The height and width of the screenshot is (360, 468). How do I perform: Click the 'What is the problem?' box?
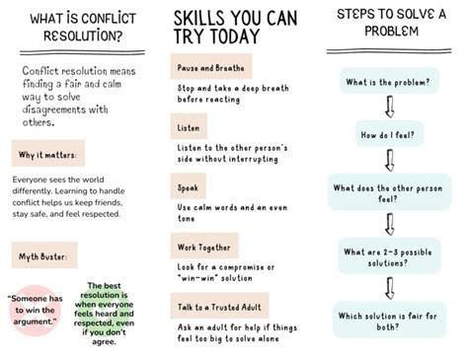tap(389, 81)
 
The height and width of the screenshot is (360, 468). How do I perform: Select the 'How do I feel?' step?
tap(389, 134)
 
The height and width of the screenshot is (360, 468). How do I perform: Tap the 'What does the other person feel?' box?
tap(389, 192)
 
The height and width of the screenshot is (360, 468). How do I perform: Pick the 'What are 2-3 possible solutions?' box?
tap(389, 256)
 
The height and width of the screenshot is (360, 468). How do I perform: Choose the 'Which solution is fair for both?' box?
tap(389, 321)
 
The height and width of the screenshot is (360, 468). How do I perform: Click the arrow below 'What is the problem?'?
tap(390, 107)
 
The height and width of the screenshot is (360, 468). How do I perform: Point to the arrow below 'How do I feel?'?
tap(390, 160)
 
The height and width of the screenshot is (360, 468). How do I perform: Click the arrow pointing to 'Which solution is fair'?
tap(390, 288)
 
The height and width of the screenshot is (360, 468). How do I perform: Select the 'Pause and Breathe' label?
tap(211, 67)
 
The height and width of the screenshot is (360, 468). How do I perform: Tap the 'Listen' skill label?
tap(189, 126)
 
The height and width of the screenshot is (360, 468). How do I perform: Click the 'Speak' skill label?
tap(188, 186)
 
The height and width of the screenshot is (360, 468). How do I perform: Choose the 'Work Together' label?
tap(204, 247)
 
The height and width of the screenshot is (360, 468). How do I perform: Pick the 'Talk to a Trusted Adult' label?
tap(219, 306)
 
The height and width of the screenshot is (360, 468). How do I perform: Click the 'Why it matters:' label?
tap(48, 154)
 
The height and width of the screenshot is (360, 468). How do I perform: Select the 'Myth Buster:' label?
tap(44, 255)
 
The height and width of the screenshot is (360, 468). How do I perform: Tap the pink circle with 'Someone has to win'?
tap(36, 310)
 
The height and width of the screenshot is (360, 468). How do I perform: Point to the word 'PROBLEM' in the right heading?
tap(391, 32)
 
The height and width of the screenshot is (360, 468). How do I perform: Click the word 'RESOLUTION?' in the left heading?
tap(83, 36)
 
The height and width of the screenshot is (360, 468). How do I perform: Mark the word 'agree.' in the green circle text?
tap(104, 341)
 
